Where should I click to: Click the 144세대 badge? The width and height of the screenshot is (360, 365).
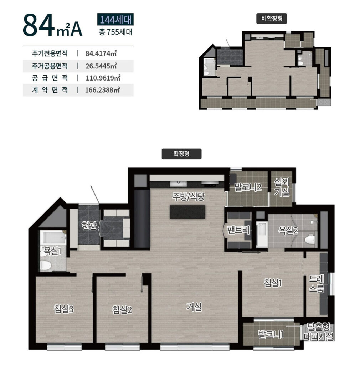(115, 19)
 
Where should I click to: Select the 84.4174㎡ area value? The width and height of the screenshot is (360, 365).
(101, 53)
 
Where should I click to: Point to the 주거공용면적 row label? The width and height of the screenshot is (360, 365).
(50, 66)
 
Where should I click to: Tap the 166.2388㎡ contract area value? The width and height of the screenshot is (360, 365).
(102, 90)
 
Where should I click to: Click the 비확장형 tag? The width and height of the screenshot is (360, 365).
(272, 19)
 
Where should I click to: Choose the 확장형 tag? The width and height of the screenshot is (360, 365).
(181, 154)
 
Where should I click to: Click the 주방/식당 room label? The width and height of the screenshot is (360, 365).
(189, 197)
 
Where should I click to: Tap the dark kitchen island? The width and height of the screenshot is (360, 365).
(187, 212)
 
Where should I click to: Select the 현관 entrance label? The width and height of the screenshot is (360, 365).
(89, 225)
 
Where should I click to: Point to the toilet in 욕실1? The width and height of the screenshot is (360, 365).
(46, 265)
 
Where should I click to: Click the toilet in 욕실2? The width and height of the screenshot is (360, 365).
(310, 240)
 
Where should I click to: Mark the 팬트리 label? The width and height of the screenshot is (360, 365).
(238, 230)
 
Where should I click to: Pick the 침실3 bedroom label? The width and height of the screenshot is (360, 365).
(64, 309)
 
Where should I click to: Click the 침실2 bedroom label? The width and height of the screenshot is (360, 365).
(122, 310)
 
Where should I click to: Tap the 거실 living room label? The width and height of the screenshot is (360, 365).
(194, 307)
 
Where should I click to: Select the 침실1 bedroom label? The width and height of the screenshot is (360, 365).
(273, 283)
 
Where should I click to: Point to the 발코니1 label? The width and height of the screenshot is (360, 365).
(271, 335)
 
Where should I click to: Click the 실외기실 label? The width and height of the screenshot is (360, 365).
(282, 187)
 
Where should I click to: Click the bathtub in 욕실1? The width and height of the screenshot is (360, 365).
(53, 237)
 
